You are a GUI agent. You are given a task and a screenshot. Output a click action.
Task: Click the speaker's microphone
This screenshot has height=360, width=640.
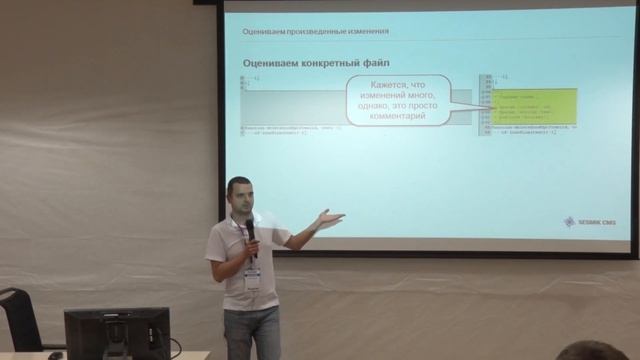tap(250, 229)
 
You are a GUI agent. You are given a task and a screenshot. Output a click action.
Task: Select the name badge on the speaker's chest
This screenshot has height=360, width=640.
tap(252, 279)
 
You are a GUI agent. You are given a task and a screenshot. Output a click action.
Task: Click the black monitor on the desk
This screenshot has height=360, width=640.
tap(116, 333)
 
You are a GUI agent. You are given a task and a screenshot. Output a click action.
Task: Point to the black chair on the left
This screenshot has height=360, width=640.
tap(19, 320)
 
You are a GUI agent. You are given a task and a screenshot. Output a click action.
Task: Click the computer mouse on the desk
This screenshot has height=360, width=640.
tap(56, 354)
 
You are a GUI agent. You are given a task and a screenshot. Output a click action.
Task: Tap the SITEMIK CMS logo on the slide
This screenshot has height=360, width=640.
tap(590, 222)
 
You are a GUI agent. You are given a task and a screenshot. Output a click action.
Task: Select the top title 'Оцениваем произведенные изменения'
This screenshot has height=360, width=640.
tap(315, 32)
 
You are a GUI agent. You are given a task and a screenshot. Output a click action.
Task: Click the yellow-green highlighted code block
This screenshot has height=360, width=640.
tap(533, 102)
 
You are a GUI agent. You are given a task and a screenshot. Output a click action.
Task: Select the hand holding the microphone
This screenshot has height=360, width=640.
tap(251, 241)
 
